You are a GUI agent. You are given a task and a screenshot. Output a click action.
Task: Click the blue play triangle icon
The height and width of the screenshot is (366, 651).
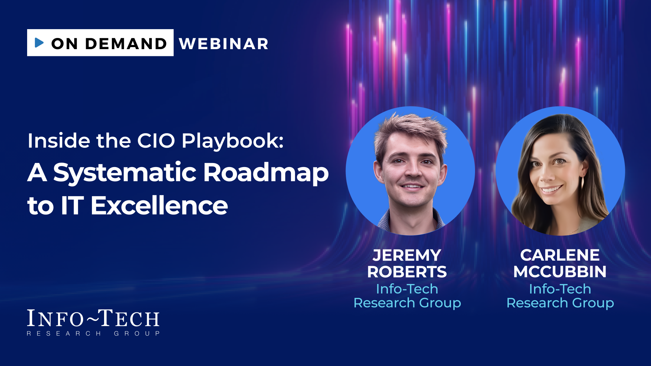[x=39, y=43]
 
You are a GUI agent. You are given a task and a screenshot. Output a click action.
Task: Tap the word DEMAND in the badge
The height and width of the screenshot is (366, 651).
[x=126, y=44]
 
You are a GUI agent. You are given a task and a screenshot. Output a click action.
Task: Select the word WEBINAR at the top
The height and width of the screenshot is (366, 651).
[x=224, y=44]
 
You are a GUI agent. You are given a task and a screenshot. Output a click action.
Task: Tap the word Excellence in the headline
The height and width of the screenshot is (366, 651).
[x=159, y=205]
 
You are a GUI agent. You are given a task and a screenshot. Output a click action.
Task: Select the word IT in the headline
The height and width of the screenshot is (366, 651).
[x=72, y=205]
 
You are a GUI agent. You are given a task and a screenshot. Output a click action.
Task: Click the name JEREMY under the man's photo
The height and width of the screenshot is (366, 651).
[x=407, y=255]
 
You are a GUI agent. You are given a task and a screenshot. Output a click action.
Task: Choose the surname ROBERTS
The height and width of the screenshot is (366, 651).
[x=407, y=272]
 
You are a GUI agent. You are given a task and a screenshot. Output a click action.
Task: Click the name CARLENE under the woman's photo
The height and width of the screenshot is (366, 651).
[x=560, y=255]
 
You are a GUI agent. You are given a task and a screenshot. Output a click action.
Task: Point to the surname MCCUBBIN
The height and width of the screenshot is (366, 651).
[x=560, y=272]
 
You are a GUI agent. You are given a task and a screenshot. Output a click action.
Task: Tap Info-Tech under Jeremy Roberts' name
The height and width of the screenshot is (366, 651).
[x=407, y=289]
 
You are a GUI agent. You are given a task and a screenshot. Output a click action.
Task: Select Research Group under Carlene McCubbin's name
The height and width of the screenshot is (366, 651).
[x=560, y=303]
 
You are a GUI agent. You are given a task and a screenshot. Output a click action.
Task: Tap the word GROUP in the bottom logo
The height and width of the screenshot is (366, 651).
[x=137, y=333]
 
